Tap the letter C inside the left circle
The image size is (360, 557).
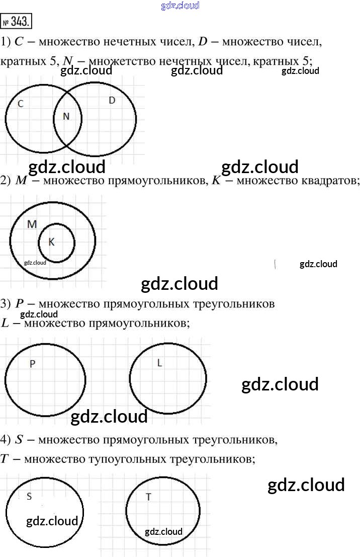21,104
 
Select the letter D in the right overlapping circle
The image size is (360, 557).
112,101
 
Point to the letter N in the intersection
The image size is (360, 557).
66,117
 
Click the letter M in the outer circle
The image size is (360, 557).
32,224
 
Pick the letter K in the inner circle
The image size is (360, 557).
51,242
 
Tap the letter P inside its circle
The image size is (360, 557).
33,364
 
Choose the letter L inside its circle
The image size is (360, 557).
160,363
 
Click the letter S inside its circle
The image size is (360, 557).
29,497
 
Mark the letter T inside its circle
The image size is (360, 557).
148,497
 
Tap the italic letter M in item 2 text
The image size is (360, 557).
21,181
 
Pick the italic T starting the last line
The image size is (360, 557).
5,459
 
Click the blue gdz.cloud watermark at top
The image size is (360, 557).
180,6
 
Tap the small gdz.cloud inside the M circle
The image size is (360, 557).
35,263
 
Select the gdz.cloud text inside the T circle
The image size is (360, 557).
163,532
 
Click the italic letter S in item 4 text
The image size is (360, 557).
19,440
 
